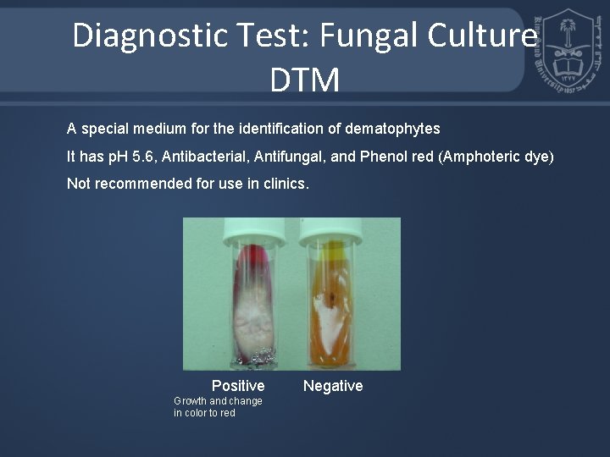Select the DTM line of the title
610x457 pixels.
click(x=304, y=80)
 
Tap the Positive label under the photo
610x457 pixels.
click(x=238, y=386)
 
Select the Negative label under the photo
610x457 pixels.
click(x=333, y=386)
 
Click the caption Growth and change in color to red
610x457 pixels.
click(x=218, y=407)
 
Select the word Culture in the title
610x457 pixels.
click(x=484, y=36)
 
